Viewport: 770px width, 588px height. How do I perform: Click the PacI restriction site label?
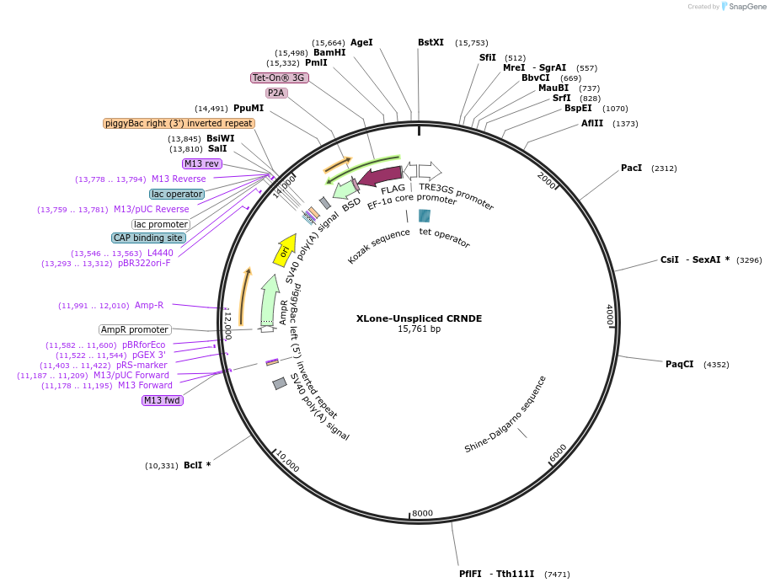click(631, 168)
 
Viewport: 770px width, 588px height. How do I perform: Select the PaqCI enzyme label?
click(679, 364)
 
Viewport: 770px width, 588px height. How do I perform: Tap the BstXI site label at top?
click(430, 42)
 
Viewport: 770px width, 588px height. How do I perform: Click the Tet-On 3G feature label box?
click(280, 78)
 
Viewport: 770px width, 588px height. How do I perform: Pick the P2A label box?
click(275, 93)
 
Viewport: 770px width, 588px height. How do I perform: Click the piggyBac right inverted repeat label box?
click(179, 123)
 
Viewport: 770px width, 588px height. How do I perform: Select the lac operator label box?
click(177, 194)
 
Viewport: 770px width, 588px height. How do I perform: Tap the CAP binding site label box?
click(148, 238)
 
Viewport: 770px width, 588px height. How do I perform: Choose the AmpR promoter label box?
click(135, 329)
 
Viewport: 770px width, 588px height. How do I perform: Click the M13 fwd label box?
click(163, 400)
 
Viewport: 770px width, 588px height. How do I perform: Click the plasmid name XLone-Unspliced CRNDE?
click(419, 318)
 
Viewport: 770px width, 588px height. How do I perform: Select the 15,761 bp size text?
click(419, 329)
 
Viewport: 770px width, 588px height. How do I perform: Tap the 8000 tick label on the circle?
click(422, 513)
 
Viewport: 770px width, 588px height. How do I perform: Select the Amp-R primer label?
click(149, 305)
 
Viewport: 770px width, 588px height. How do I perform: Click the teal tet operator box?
click(425, 216)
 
